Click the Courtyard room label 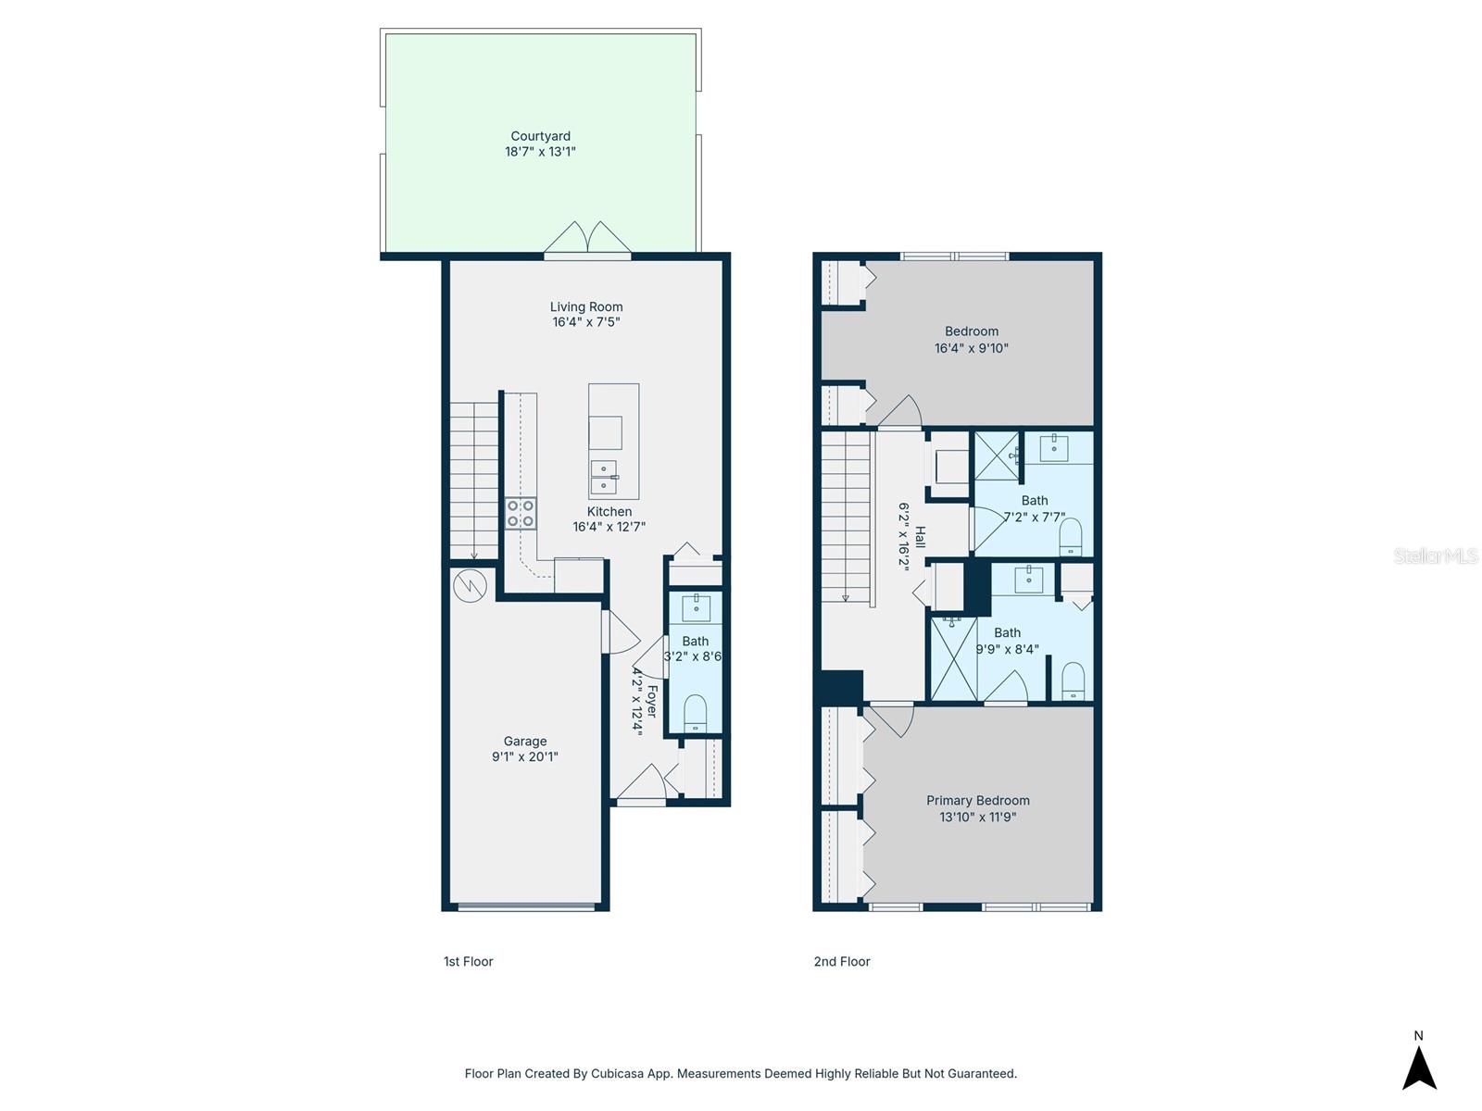pos(540,136)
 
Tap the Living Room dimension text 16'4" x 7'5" pos(585,322)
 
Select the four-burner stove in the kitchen pos(520,513)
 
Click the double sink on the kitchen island pos(604,477)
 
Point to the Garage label pos(524,741)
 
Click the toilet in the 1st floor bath pos(695,714)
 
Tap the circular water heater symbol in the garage pos(471,585)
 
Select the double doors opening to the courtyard pos(587,239)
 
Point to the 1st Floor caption pos(468,961)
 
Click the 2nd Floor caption pos(841,961)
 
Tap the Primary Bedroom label pos(977,800)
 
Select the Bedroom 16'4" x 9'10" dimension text pos(971,348)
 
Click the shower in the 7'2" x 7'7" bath pos(996,456)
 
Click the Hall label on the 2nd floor pos(920,537)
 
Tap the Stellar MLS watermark pos(1435,555)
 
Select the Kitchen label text pos(609,511)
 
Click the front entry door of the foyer pos(641,785)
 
